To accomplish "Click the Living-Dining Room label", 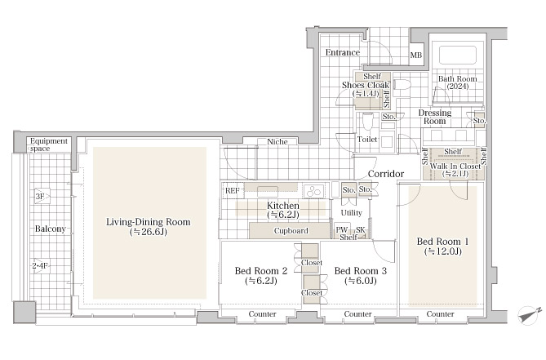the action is click(x=149, y=226).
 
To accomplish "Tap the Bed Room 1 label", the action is click(x=442, y=247).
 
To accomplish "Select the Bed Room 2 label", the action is click(x=261, y=275).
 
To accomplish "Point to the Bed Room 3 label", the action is click(x=361, y=275).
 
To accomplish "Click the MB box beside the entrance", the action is click(x=416, y=54).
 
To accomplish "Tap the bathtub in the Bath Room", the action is click(x=458, y=55).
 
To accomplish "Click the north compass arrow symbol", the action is click(x=529, y=315).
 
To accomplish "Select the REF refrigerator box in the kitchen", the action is click(x=233, y=191).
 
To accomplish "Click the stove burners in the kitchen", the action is click(x=313, y=191).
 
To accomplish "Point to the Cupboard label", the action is click(x=291, y=231).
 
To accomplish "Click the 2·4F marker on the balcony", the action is click(x=41, y=266).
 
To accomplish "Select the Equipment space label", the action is click(x=48, y=144).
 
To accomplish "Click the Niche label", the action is click(x=277, y=142).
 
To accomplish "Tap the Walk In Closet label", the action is click(x=455, y=170).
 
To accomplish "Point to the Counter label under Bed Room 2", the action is click(x=262, y=314).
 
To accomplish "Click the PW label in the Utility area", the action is click(x=342, y=229).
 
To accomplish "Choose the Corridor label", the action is click(x=386, y=174).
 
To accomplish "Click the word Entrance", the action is click(x=343, y=52).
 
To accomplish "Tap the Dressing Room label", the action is click(x=434, y=117).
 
